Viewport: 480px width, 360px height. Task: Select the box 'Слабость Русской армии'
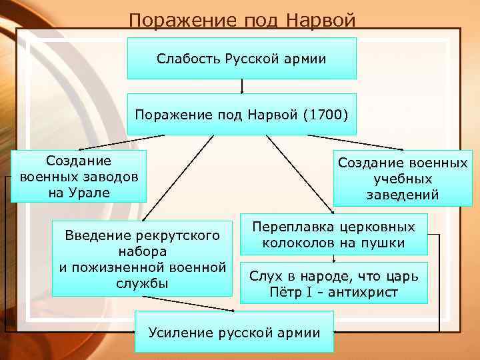[241, 59]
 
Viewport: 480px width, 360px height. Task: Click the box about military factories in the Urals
[79, 177]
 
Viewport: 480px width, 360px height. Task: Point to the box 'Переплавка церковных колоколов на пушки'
[333, 235]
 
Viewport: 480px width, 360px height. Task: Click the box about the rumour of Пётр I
[333, 284]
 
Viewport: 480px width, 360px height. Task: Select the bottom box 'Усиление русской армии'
[234, 332]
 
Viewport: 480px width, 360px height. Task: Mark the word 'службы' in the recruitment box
[142, 283]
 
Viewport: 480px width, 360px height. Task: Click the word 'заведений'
[403, 195]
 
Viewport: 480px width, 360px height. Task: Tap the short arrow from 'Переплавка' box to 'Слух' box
[333, 259]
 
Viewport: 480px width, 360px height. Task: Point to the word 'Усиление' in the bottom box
[178, 332]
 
